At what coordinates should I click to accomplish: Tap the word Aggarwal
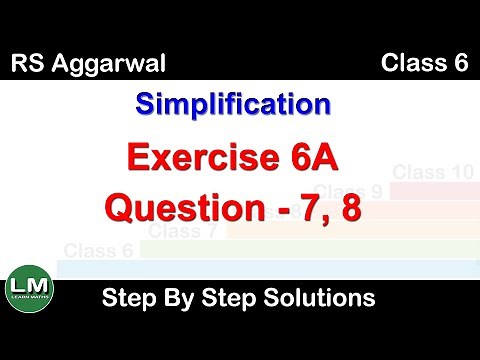click(102, 67)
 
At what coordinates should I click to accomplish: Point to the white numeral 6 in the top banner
click(461, 65)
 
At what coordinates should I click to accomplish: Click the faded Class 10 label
click(432, 172)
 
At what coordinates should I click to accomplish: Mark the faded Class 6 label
click(98, 250)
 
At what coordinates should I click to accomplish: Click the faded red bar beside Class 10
click(432, 190)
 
